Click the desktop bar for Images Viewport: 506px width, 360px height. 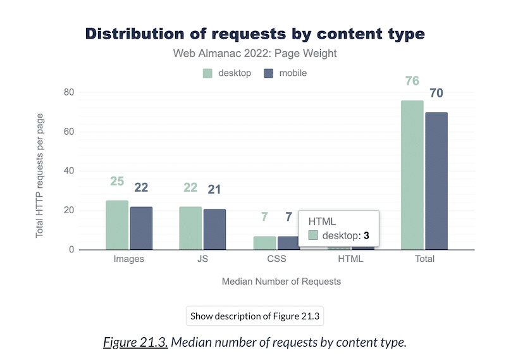[x=117, y=225]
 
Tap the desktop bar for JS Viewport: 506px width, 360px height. [x=190, y=228]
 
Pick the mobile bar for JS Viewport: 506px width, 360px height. [x=214, y=229]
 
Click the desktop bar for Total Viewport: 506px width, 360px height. [x=412, y=175]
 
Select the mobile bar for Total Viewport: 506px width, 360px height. [x=436, y=181]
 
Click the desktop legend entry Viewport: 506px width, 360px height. [x=227, y=73]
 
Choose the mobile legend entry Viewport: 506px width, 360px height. [x=285, y=73]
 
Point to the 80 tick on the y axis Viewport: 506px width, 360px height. [x=69, y=92]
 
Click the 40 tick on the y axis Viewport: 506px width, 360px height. [x=69, y=171]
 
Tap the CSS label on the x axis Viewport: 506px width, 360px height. [x=277, y=259]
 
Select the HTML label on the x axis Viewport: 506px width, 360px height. [x=350, y=259]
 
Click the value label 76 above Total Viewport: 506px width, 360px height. [x=412, y=82]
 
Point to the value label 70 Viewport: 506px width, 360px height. [x=436, y=94]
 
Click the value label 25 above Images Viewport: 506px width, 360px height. [x=117, y=182]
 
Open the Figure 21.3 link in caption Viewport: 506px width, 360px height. [x=135, y=343]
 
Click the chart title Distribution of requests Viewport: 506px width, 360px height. [x=255, y=34]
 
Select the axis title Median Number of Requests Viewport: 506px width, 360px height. [x=281, y=282]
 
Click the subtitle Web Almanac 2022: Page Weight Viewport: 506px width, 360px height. [x=255, y=54]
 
